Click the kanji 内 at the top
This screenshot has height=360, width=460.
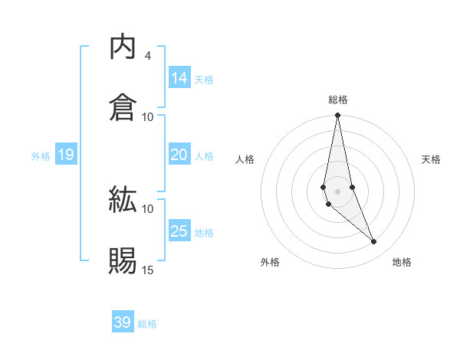(123, 47)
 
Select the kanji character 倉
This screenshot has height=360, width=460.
(123, 107)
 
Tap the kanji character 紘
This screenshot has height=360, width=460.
(123, 201)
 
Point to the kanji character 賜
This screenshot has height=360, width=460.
(123, 261)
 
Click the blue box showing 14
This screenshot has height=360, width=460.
(179, 78)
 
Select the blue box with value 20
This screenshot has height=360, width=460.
(179, 155)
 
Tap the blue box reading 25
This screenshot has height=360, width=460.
(179, 231)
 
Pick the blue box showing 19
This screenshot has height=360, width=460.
(65, 155)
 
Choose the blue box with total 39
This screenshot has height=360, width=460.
(123, 322)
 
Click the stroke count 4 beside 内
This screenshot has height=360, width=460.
(148, 56)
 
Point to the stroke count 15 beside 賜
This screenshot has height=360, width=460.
(148, 270)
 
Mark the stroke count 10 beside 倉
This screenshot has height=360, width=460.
(148, 116)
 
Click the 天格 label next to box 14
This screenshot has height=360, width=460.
(204, 80)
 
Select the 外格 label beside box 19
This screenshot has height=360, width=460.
(41, 156)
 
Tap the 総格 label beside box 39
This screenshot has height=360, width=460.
(147, 324)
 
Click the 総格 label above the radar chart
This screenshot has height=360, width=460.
(338, 100)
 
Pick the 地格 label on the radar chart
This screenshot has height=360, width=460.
(402, 263)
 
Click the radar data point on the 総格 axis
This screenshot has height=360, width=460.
(337, 116)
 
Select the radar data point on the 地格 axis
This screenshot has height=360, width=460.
(374, 242)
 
